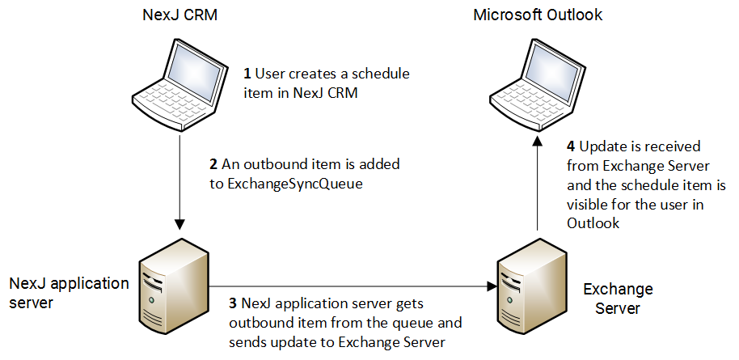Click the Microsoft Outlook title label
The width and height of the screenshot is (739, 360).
click(538, 15)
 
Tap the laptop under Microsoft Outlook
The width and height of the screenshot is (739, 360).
click(538, 81)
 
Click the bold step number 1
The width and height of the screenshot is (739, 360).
click(247, 74)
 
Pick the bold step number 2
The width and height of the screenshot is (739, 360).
click(213, 164)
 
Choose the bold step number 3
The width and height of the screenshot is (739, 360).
click(233, 304)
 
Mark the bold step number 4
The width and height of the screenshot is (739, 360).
click(572, 147)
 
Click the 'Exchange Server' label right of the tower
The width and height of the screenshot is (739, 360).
click(618, 299)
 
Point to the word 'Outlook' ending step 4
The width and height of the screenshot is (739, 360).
click(593, 223)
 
